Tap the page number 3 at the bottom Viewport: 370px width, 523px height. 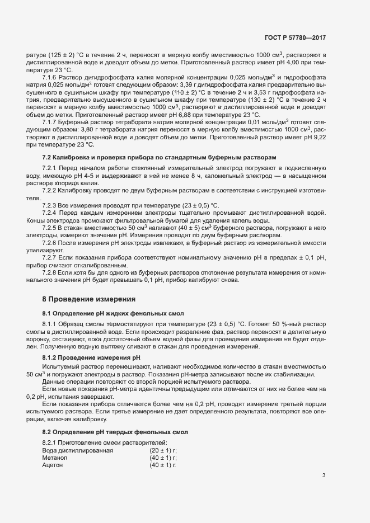click(324, 476)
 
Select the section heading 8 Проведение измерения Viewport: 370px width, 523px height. click(88, 300)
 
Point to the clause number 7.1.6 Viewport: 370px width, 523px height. click(51, 77)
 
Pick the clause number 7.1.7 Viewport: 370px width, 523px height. click(51, 121)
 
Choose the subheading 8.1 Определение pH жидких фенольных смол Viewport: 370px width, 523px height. click(114, 313)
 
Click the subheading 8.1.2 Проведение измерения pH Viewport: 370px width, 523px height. click(91, 356)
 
